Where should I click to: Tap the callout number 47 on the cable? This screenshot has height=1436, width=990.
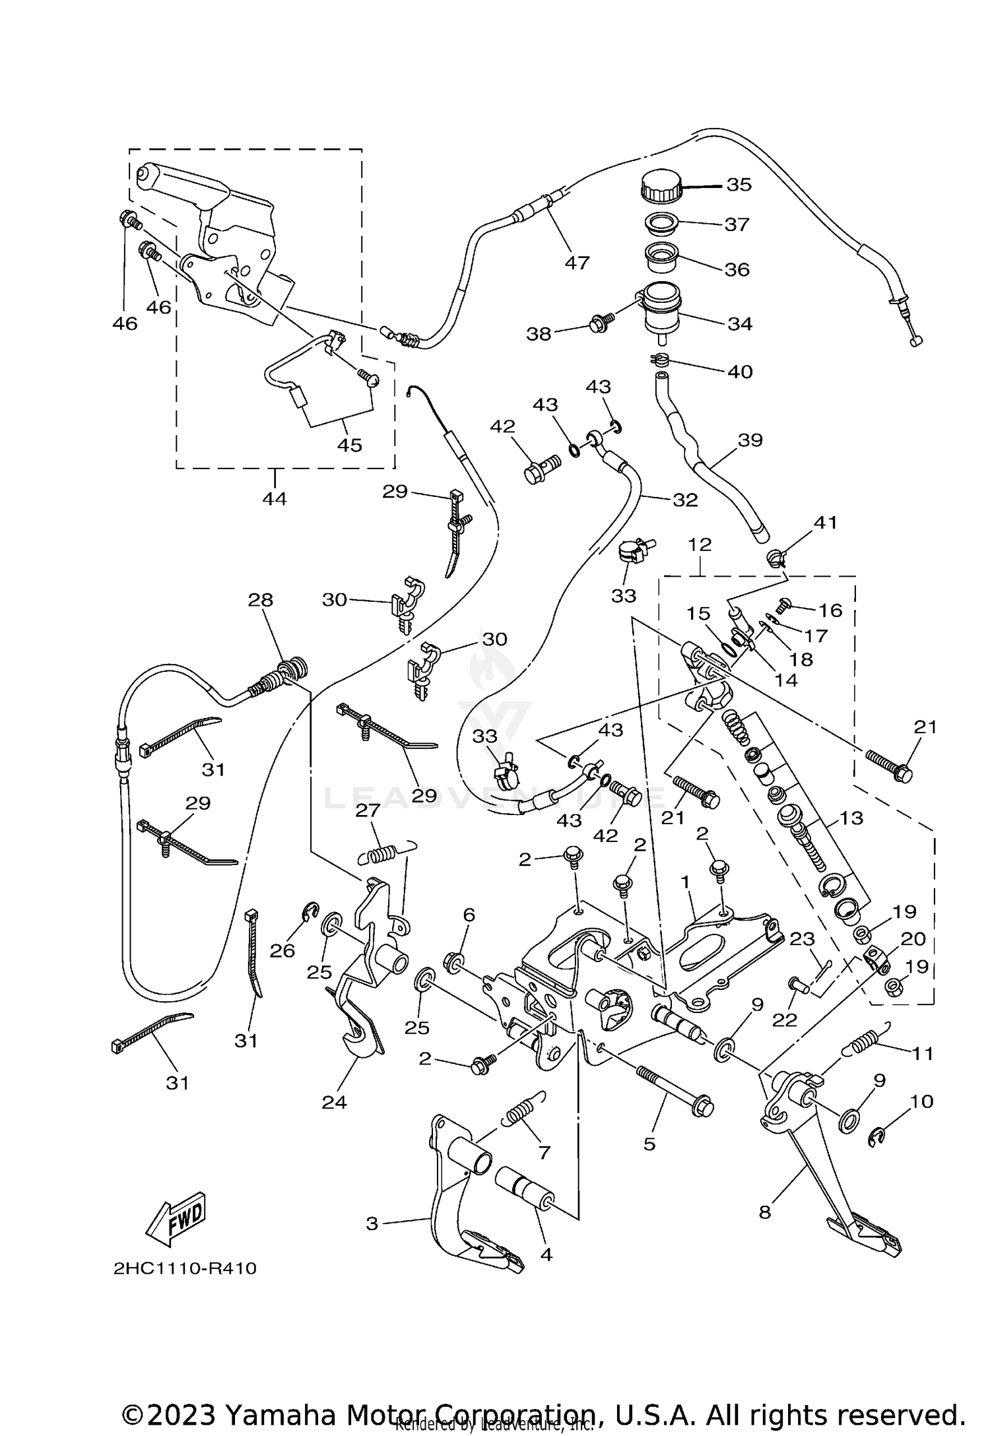(x=576, y=263)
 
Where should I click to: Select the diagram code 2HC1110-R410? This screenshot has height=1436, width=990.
(x=185, y=1268)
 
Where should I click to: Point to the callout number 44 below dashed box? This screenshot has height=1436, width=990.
(x=275, y=499)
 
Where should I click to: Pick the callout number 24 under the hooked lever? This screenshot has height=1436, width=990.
(x=334, y=1102)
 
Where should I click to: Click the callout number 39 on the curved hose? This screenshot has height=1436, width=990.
(x=750, y=440)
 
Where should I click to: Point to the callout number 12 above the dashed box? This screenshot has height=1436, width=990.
(x=700, y=545)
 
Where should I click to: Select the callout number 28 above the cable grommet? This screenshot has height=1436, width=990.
(x=261, y=600)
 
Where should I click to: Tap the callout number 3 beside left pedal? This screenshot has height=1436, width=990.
(x=372, y=1224)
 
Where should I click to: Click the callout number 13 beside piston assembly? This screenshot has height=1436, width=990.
(x=851, y=818)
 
